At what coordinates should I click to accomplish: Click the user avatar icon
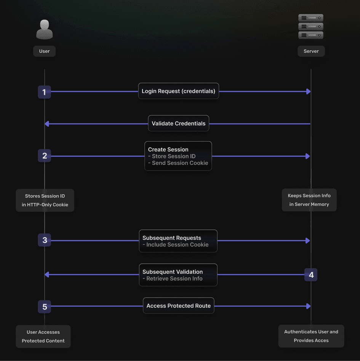coord(45,29)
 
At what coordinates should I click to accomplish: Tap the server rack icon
coord(311,27)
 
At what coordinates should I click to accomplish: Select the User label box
coord(45,51)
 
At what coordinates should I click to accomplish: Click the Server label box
coord(311,51)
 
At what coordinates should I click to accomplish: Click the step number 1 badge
coord(45,92)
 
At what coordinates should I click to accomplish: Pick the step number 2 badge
coord(45,156)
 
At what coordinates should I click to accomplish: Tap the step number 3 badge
coord(45,240)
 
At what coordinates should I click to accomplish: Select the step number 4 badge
coord(311,275)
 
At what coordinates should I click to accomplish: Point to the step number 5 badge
coord(45,307)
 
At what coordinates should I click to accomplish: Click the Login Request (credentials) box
coord(178,91)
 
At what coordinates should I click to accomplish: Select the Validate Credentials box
coord(178,123)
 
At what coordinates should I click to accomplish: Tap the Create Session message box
coord(178,156)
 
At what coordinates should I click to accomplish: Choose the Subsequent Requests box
coord(178,241)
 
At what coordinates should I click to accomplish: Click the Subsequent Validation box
coord(178,275)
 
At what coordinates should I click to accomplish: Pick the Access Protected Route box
coord(178,306)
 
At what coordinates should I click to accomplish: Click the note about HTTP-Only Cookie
coord(45,200)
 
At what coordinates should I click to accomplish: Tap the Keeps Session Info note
coord(309,200)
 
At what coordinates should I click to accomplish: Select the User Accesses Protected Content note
coord(43,336)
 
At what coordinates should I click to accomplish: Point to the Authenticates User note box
coord(311,336)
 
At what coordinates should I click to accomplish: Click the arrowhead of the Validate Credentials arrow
coord(46,124)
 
